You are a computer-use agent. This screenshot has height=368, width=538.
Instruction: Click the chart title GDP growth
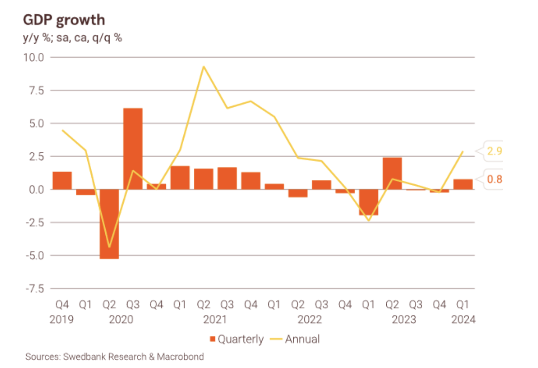64,20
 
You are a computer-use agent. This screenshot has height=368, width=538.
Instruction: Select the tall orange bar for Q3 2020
132,148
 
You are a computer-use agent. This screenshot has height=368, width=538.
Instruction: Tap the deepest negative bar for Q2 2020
109,224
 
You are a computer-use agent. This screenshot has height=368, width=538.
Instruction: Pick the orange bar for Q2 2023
392,173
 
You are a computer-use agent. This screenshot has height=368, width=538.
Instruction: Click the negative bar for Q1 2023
368,202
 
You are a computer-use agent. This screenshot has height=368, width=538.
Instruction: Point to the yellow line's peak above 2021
204,67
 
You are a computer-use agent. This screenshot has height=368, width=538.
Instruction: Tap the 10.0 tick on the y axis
35,58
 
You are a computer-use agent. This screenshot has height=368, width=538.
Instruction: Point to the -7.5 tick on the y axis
35,288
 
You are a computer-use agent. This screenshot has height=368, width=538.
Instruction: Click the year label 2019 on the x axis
62,320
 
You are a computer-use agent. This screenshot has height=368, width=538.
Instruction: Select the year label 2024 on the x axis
463,320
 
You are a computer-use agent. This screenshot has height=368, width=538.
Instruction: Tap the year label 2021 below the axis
215,320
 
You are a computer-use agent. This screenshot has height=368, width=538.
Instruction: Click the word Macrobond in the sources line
180,356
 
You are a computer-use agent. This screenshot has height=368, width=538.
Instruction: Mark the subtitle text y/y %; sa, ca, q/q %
72,38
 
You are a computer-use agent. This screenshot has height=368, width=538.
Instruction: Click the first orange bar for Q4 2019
62,180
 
